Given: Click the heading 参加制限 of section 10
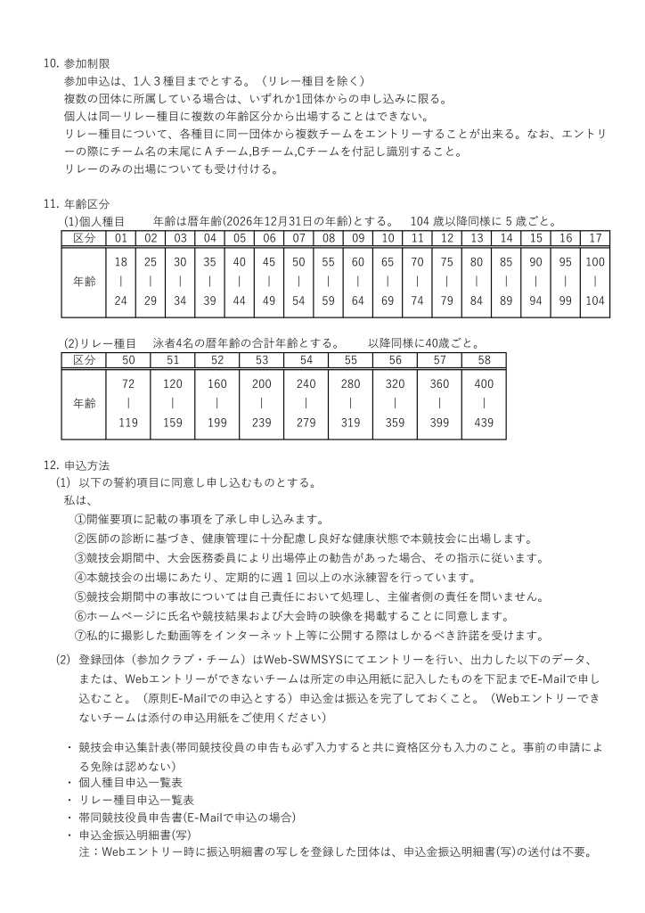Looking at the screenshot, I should tap(87, 64).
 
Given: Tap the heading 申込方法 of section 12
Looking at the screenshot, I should tap(87, 465).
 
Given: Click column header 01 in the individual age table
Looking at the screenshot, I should tap(120, 238).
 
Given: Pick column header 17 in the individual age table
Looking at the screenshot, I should tap(595, 238).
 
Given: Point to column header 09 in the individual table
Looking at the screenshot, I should tap(358, 238).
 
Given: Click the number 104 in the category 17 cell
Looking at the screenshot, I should tap(595, 300).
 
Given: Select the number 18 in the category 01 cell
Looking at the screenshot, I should tap(120, 261).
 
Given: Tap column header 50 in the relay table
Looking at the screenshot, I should tap(128, 359).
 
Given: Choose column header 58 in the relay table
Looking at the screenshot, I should tap(484, 359).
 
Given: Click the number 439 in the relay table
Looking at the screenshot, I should tap(484, 423).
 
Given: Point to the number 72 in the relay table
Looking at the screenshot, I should tap(128, 382).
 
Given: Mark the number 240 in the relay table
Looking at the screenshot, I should tap(306, 382).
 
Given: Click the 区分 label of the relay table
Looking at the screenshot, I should tap(84, 359).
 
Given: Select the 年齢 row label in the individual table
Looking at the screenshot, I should tap(84, 281).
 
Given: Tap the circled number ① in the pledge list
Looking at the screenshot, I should tap(79, 519).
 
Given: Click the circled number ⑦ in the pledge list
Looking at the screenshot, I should tap(79, 636).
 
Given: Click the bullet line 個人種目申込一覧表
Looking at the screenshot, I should tap(131, 782).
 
